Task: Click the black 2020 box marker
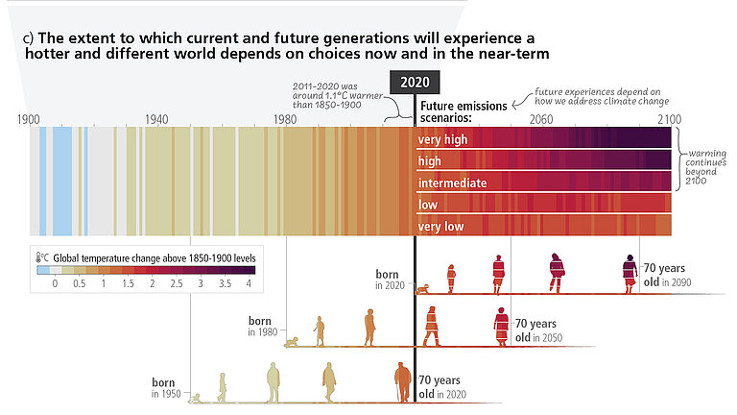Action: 415,82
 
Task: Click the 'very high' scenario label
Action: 442,140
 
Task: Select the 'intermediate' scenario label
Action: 453,183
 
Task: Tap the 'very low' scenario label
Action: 440,226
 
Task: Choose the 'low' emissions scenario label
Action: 428,205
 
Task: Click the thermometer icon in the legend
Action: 43,258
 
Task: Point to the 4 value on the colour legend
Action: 249,285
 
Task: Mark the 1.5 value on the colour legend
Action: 128,285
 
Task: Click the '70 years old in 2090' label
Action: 668,275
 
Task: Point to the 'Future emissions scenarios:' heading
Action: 459,110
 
